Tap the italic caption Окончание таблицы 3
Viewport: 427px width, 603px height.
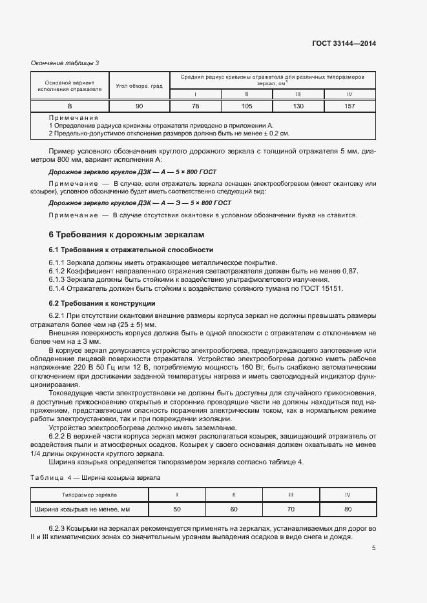[65, 63]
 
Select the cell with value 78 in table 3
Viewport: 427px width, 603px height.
[195, 106]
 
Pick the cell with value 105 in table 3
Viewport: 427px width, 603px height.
[246, 106]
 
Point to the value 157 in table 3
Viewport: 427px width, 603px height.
[349, 106]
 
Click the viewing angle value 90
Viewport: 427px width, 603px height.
[139, 106]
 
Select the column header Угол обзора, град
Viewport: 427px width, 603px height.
[139, 85]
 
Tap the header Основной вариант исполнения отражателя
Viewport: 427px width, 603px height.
[70, 85]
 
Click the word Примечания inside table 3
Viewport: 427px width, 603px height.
[73, 118]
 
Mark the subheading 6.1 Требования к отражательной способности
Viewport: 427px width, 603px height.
[131, 250]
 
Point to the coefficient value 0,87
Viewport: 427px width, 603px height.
[348, 272]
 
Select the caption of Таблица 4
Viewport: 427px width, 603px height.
[96, 477]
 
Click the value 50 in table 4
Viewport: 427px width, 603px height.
[177, 509]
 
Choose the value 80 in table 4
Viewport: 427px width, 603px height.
[348, 509]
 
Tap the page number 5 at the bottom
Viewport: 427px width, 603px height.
[374, 549]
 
